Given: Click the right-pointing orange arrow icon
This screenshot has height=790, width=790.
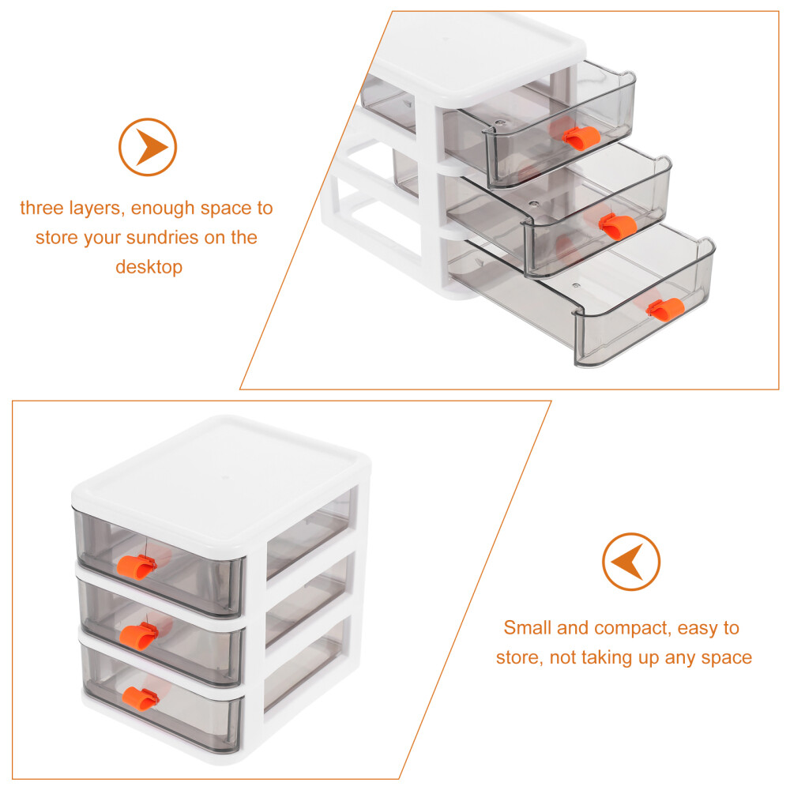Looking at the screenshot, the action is click(x=148, y=147).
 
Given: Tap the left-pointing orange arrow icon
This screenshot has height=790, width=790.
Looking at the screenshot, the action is click(x=630, y=561).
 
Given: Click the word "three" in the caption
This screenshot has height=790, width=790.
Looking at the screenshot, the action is click(x=41, y=208).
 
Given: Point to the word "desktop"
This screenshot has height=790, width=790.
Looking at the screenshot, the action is click(x=149, y=267).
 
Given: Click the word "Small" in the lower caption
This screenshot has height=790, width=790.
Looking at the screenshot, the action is click(x=528, y=627).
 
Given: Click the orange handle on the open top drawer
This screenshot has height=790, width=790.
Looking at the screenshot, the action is click(x=581, y=137).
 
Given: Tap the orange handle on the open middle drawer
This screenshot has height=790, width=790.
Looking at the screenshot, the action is click(x=618, y=226).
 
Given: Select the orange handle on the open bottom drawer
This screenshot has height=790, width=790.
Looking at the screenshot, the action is click(x=664, y=308).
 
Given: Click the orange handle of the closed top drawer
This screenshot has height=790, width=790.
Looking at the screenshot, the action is click(x=137, y=566).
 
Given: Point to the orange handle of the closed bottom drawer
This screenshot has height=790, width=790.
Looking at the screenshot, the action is click(x=141, y=698).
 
